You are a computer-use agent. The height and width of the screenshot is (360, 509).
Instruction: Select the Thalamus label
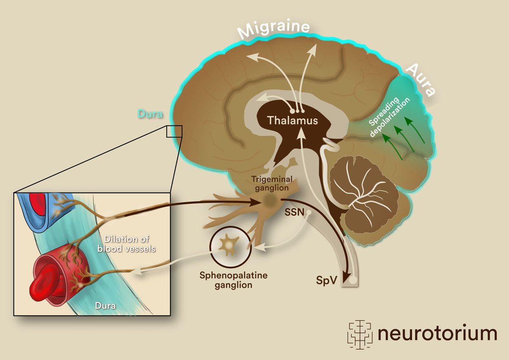293,121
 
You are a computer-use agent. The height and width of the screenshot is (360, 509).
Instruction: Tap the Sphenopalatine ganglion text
234,280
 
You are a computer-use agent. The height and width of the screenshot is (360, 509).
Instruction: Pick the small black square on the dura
174,132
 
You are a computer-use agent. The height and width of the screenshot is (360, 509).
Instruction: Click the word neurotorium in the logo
437,334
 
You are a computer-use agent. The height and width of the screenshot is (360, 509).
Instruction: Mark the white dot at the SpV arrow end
351,280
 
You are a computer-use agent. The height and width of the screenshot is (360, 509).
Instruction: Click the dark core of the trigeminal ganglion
269,200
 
